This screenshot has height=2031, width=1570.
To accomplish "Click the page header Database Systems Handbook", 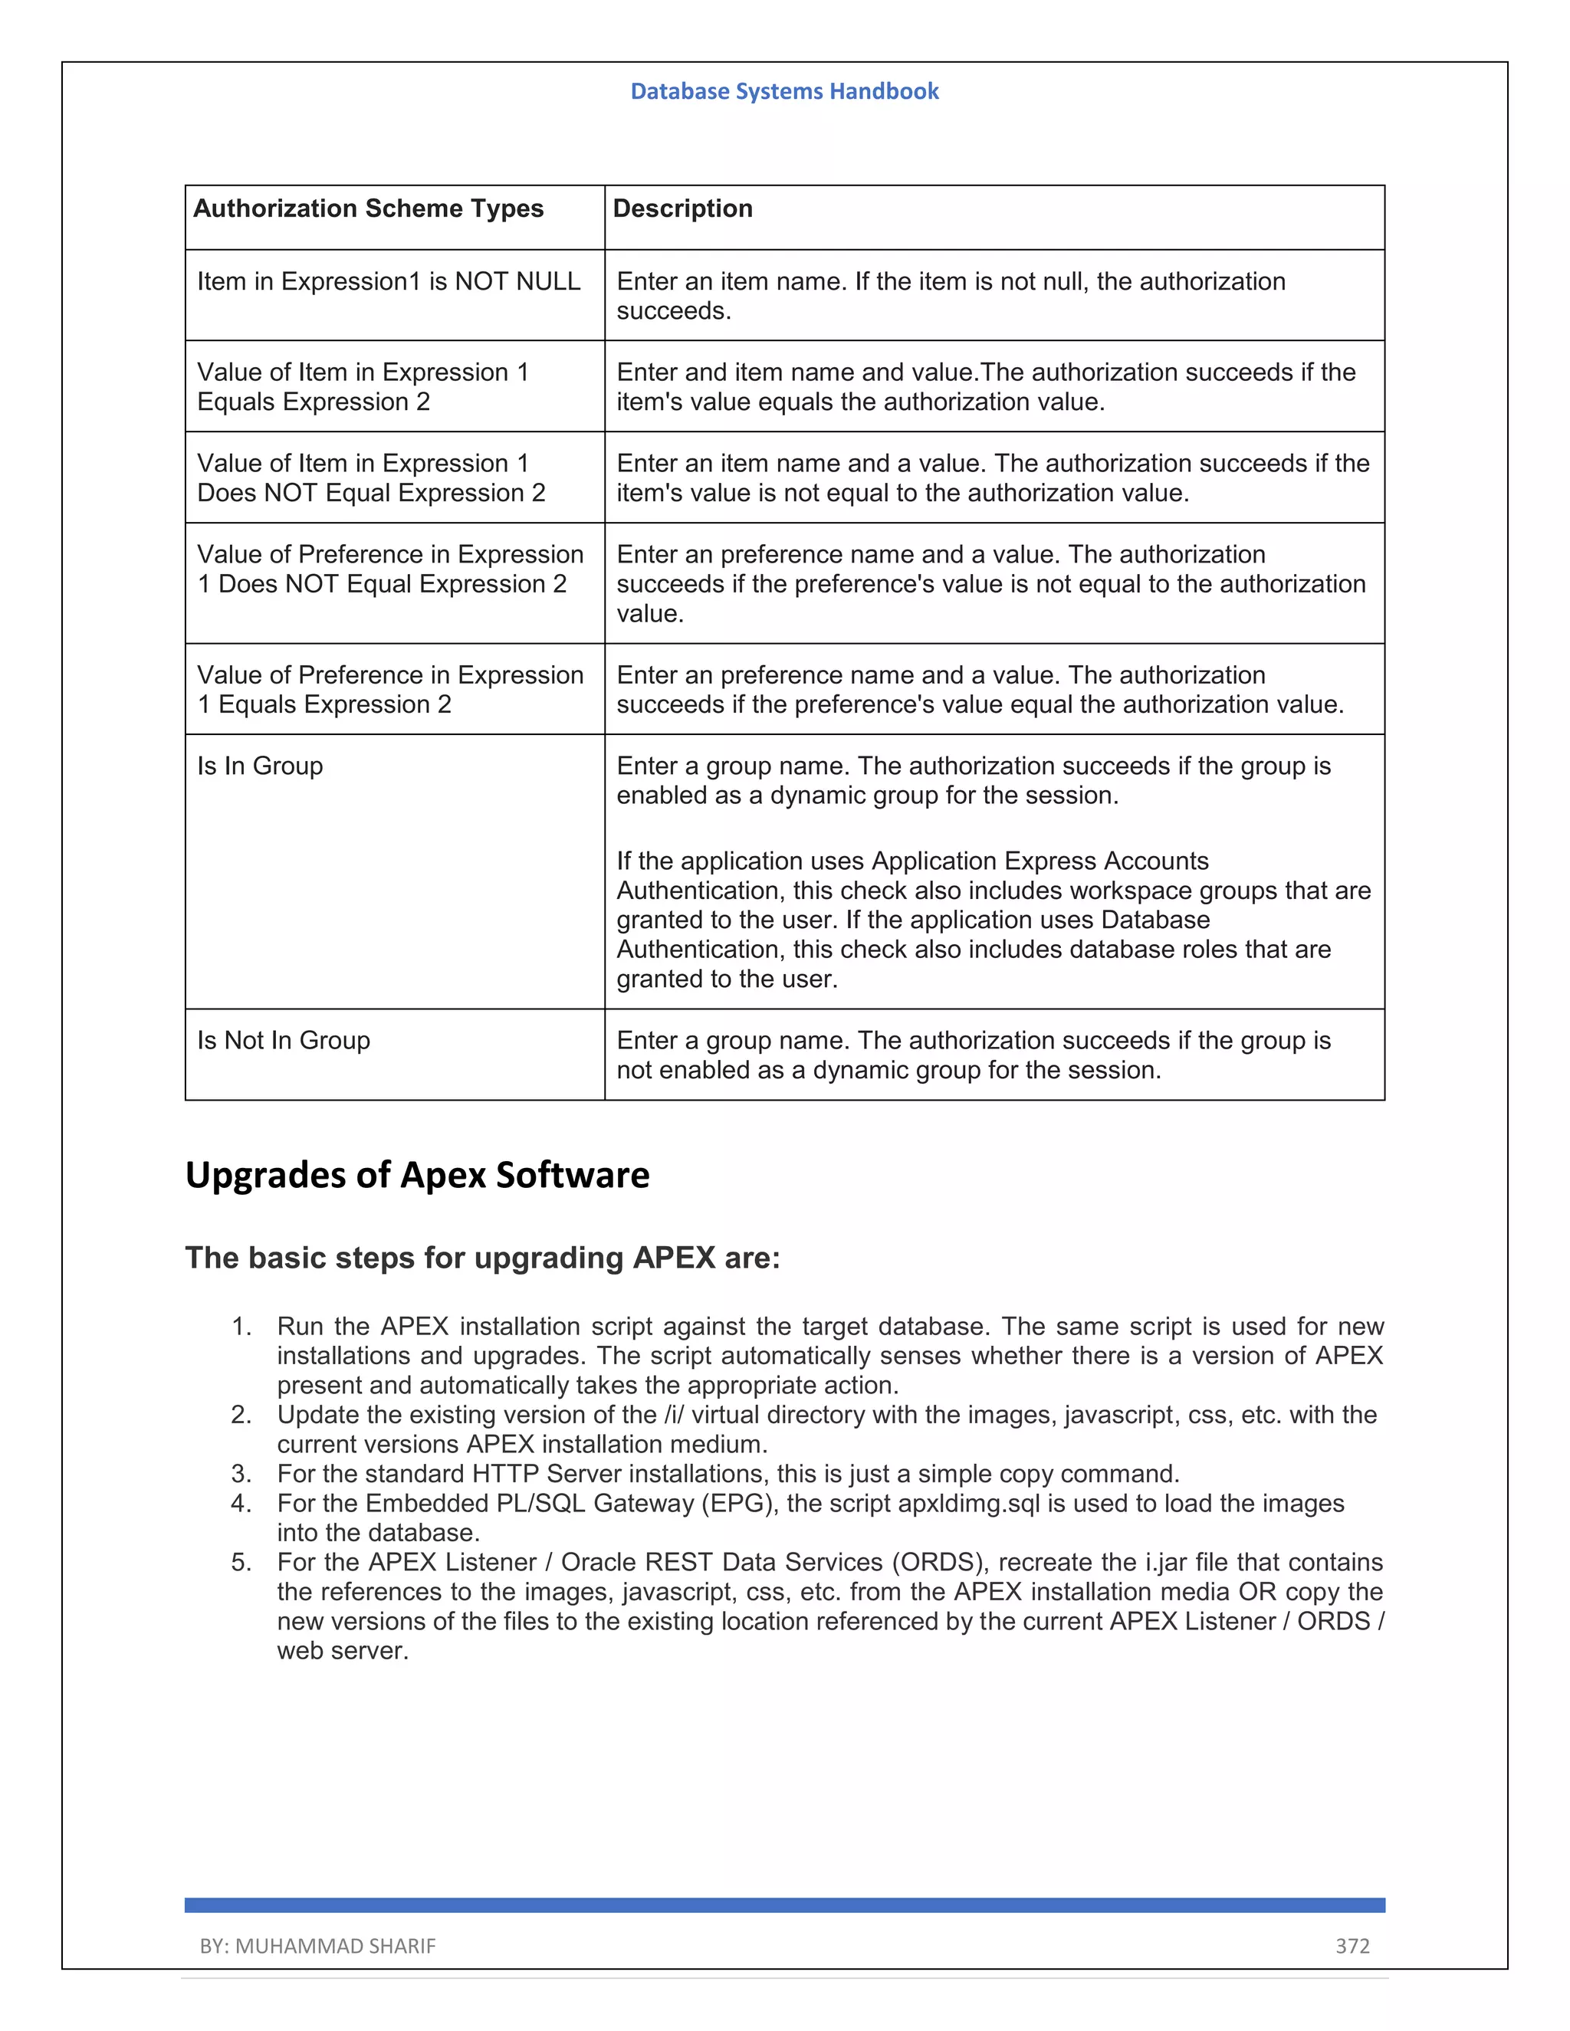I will [x=784, y=91].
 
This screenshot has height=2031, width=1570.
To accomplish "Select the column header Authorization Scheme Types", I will [x=368, y=208].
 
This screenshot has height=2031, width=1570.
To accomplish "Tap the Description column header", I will [x=683, y=208].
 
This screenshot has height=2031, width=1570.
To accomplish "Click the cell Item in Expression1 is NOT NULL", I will [x=389, y=281].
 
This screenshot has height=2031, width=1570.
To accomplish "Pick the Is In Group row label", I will [x=261, y=766].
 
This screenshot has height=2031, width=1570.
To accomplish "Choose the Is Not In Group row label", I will [x=284, y=1040].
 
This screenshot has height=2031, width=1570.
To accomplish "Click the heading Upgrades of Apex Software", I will [x=417, y=1174].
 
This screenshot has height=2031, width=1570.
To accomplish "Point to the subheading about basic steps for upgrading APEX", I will [x=483, y=1257].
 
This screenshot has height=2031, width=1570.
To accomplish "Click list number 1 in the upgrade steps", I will [x=241, y=1326].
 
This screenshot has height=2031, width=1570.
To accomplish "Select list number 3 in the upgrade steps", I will [x=241, y=1474].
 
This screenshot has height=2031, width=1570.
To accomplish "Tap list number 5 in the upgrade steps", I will [x=241, y=1562].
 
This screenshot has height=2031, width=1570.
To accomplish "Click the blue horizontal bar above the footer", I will [x=784, y=1905].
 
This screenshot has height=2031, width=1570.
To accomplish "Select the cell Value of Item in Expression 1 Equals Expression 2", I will [x=363, y=387].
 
